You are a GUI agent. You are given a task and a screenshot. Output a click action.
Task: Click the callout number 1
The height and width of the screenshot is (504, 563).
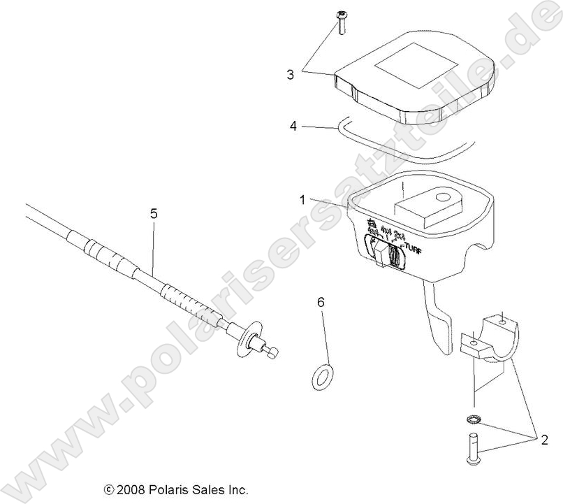coord(302,200)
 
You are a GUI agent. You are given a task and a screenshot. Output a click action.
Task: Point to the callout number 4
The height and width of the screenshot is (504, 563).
coord(294,127)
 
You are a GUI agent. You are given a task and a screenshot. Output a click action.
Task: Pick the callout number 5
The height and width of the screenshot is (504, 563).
coord(154,213)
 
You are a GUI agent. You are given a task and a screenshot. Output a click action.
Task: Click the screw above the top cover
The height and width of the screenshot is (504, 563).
coord(342,23)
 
